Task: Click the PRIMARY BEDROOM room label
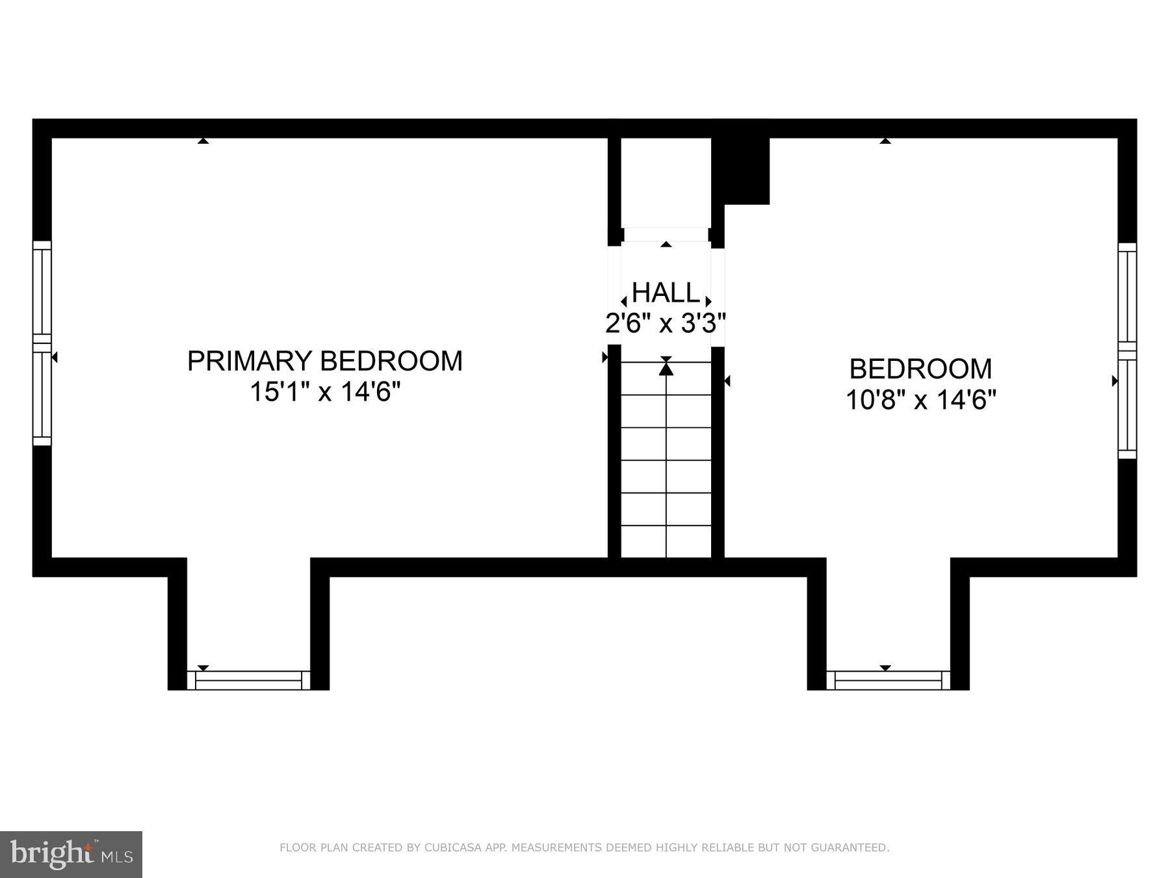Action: point(324,361)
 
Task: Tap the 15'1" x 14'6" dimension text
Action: point(324,392)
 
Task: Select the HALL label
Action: point(666,293)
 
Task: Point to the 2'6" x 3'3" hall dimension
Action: point(666,323)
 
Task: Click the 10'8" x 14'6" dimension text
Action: point(920,399)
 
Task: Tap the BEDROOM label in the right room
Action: point(920,369)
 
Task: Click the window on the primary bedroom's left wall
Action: point(42,343)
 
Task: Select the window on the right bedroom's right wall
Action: point(1127,351)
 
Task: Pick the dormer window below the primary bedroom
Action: point(248,680)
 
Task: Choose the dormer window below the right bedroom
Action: point(888,680)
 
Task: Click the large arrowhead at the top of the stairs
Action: point(666,369)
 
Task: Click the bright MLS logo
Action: point(71,855)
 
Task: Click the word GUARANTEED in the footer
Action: point(855,848)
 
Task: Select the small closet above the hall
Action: point(666,182)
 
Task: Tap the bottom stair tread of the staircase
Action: point(666,542)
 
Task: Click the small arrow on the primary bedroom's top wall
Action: point(203,140)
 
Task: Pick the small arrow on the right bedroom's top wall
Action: point(885,140)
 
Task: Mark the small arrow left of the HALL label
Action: point(624,302)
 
